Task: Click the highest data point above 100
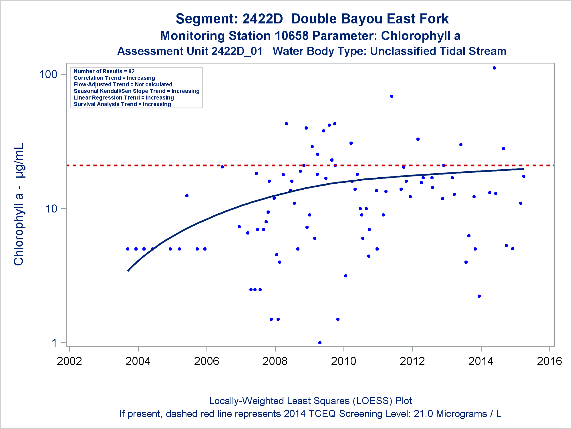[x=494, y=68]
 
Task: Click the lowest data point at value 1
[x=320, y=343]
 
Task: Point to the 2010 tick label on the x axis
[x=343, y=361]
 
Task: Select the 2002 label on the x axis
[x=69, y=361]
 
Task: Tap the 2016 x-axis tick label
[x=549, y=361]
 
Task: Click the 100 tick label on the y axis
[x=48, y=74]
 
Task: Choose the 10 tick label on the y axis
[x=51, y=209]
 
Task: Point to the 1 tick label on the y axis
[x=55, y=343]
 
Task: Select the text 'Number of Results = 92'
[x=104, y=71]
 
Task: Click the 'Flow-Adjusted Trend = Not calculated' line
[x=123, y=84]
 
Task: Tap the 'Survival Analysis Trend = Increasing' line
[x=122, y=104]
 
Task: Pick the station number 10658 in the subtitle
[x=291, y=36]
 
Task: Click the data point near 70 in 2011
[x=392, y=96]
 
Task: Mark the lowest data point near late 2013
[x=479, y=296]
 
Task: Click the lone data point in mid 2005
[x=187, y=196]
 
